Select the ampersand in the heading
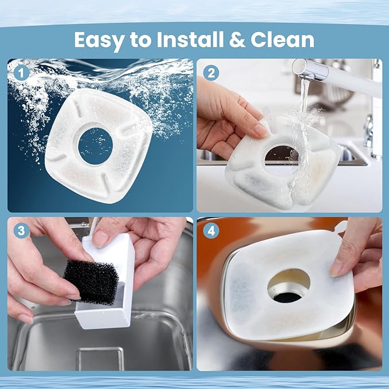(241, 40)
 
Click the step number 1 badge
(22, 73)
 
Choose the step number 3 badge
(22, 231)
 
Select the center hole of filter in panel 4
(288, 285)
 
